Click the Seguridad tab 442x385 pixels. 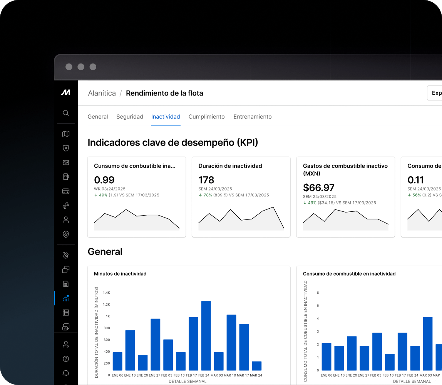(130, 117)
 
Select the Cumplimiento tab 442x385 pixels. (206, 117)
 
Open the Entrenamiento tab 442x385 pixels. (253, 117)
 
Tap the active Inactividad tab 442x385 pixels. (166, 117)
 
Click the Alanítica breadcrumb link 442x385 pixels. (102, 93)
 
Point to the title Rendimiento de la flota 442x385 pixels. (164, 93)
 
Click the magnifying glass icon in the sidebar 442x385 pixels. (66, 113)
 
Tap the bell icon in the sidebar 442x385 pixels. (66, 373)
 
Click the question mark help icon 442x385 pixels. (66, 359)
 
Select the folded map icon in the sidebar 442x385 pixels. (66, 134)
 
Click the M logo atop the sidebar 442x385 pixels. (65, 92)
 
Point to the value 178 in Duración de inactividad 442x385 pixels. (206, 180)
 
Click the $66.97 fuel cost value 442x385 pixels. (319, 187)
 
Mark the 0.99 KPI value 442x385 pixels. (104, 180)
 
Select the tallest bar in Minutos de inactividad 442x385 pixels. (206, 336)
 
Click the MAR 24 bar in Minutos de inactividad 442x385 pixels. (256, 366)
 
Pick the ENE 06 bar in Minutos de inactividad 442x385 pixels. (117, 361)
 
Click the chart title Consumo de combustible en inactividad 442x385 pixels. (349, 274)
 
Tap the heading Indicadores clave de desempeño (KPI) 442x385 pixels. (173, 142)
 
